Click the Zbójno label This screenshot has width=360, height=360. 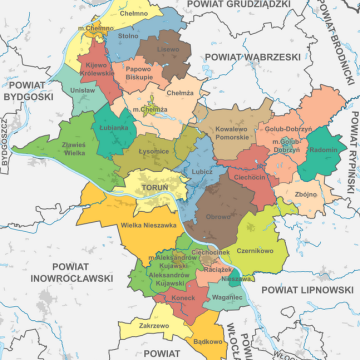(307, 192)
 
